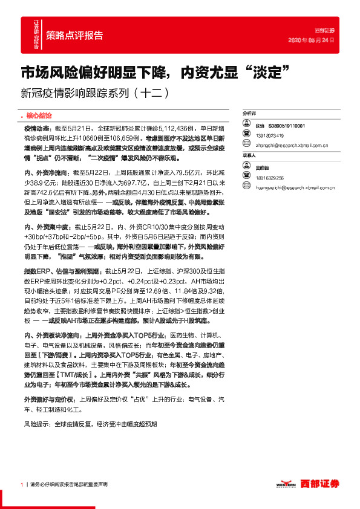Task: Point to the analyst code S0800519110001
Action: [287, 125]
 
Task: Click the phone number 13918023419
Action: [269, 135]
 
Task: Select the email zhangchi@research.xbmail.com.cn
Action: [291, 146]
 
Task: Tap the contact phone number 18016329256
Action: [269, 178]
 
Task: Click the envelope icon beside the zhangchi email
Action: [246, 146]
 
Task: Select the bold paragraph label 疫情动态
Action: [36, 129]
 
